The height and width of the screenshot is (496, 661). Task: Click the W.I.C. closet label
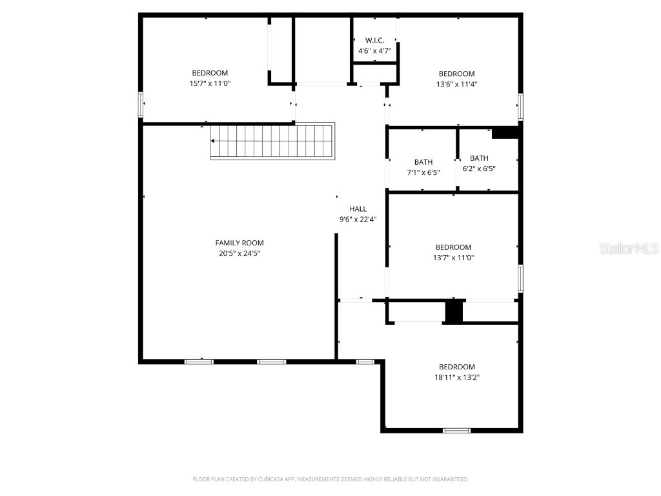pos(375,41)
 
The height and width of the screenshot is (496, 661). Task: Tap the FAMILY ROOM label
pos(239,243)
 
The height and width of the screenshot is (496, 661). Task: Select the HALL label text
pos(358,209)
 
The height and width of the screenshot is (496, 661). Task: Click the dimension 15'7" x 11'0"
pos(210,83)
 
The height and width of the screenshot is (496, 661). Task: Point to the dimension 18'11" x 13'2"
pos(457,377)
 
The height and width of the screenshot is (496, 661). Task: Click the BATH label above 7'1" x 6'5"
pos(423,162)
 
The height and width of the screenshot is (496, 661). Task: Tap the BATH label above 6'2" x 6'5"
pos(480,158)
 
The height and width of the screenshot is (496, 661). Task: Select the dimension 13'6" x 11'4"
pos(457,85)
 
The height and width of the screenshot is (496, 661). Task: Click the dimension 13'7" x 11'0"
pos(454,258)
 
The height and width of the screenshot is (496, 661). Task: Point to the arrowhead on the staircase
pos(213,141)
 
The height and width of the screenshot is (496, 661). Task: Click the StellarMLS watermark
pos(629,248)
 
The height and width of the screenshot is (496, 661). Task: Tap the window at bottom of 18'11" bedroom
pos(456,431)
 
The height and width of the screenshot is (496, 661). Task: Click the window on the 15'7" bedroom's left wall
pos(141,105)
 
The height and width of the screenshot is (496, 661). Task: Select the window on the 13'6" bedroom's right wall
pos(521,107)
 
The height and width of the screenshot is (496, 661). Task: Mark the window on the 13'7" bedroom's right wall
pos(521,278)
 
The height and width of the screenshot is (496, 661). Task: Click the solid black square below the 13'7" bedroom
pos(454,312)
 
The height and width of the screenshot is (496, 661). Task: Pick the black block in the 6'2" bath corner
pos(505,133)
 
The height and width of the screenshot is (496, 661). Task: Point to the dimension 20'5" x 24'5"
pos(239,253)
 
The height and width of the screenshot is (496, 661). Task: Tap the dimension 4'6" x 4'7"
pos(375,51)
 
